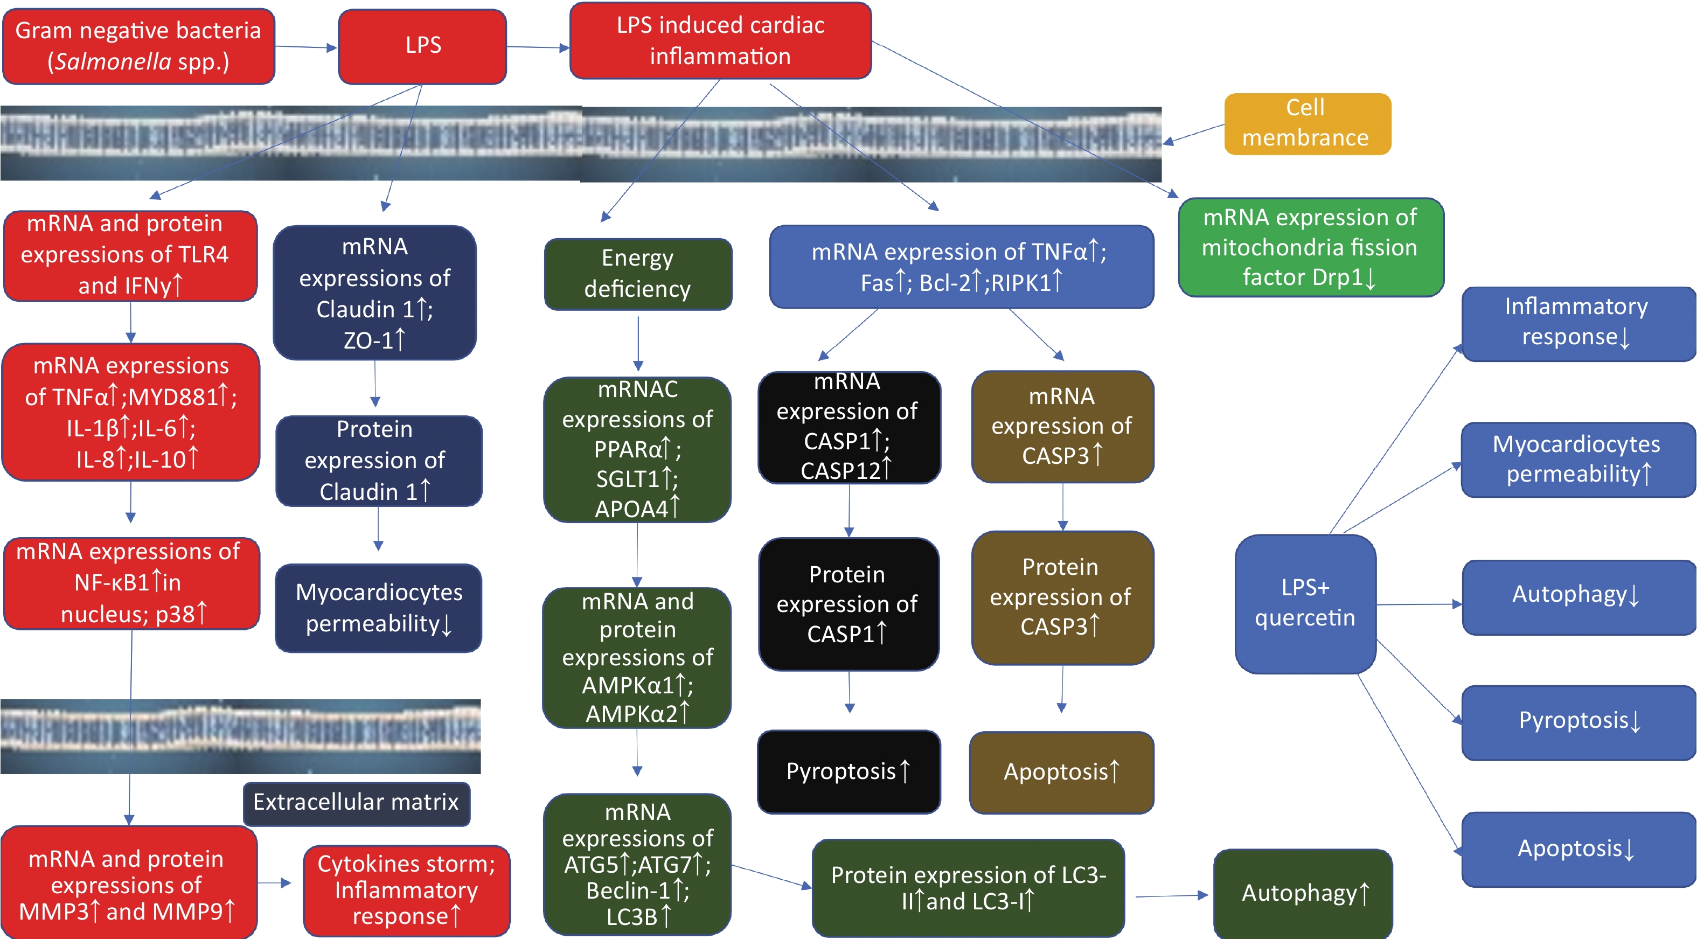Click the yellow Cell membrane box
pos(1307,124)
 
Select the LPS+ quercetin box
pos(1305,603)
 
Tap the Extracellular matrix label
pos(357,803)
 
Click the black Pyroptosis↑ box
pos(848,771)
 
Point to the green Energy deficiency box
pos(638,274)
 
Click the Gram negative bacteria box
pos(138,46)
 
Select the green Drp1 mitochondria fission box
pos(1310,247)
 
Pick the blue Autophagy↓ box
pos(1578,597)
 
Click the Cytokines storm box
pos(406,890)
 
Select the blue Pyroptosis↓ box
pos(1578,722)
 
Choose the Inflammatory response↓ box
pos(1578,324)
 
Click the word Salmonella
pos(113,62)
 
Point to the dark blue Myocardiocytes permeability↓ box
pos(378,608)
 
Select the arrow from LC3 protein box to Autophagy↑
pos(1171,895)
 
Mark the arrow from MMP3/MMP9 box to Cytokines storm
pos(274,882)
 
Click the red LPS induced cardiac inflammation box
pos(720,41)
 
